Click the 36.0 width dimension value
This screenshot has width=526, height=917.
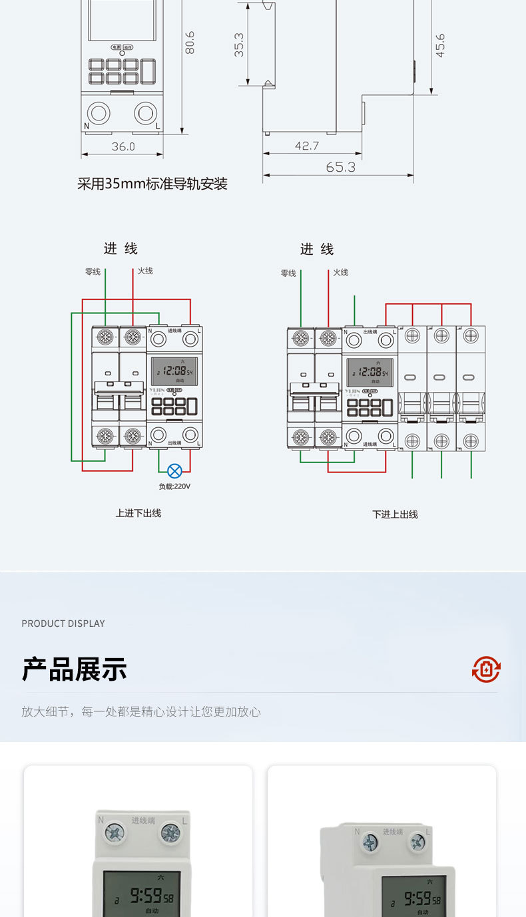point(123,146)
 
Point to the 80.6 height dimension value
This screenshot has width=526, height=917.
point(190,43)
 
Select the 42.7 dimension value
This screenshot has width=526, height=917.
point(306,146)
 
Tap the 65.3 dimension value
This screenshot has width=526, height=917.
point(340,167)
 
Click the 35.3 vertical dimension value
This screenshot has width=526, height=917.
point(239,45)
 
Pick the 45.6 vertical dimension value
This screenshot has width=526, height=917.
point(439,45)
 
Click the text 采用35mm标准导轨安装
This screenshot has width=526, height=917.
point(152,184)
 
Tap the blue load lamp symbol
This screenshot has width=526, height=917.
point(174,471)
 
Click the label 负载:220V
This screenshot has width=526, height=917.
point(174,486)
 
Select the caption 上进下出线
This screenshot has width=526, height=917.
point(138,513)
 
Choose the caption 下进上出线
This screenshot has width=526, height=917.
point(395,514)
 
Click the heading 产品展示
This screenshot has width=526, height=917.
point(74,669)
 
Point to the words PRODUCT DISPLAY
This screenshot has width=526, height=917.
point(63,624)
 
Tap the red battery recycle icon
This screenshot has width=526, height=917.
point(486,669)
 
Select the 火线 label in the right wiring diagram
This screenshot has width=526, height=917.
point(341,272)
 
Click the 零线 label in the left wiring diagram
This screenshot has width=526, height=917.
point(93,272)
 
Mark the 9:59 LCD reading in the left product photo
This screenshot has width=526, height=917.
point(146,895)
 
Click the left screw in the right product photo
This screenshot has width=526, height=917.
point(370,842)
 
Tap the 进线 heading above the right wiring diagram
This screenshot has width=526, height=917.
point(317,249)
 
